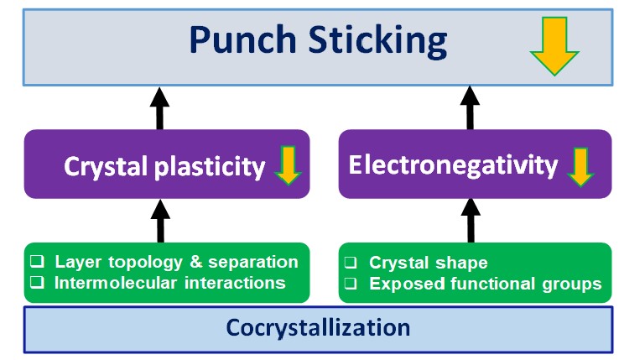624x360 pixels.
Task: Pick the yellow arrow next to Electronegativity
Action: [x=580, y=166]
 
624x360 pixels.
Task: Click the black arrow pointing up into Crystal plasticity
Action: [x=161, y=221]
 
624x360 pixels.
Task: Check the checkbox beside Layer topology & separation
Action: [x=39, y=262]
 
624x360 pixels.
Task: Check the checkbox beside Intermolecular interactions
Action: [x=39, y=283]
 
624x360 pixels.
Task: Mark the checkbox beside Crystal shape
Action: [x=353, y=263]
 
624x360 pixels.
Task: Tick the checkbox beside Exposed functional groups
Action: [x=353, y=284]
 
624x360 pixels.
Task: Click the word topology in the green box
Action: [x=140, y=262]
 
